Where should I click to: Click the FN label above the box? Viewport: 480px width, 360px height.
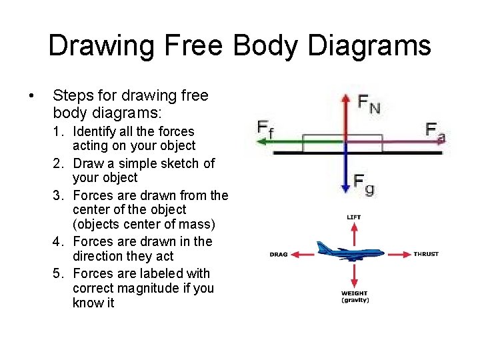[x=369, y=103]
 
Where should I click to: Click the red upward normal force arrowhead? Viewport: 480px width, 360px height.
[x=345, y=99]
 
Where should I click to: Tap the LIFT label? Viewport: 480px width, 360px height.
[x=354, y=217]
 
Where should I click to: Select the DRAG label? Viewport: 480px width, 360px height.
[x=279, y=254]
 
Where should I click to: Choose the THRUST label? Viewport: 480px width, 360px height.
[x=426, y=254]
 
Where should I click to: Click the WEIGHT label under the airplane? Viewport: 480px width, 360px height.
[x=355, y=293]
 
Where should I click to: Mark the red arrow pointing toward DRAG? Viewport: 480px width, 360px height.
[x=305, y=253]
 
